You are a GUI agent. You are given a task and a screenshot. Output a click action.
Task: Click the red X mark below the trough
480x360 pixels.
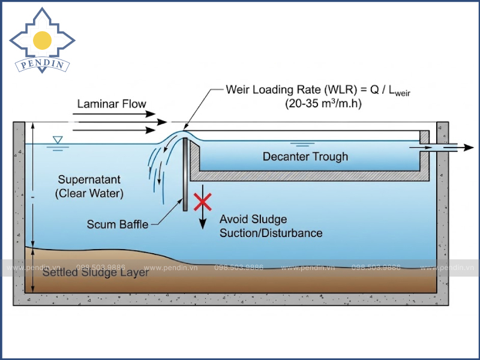coord(203,201)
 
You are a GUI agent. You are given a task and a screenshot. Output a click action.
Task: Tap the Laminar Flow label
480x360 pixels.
coord(112,104)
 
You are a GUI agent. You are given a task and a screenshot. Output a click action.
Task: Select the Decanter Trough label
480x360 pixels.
coord(305,157)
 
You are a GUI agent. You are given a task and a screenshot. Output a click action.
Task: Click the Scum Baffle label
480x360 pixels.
coord(118,224)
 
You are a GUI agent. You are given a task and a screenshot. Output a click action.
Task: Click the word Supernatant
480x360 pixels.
coord(89,179)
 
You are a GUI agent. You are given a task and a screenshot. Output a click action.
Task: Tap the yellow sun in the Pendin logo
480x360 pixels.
coord(42,40)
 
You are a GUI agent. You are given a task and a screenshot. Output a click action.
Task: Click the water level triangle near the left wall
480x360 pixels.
coord(58,140)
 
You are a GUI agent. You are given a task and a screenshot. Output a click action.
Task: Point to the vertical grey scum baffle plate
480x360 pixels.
coord(186,174)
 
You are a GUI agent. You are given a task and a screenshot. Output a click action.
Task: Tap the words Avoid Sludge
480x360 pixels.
coord(253,219)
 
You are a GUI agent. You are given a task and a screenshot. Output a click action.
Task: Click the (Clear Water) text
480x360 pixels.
coord(89,193)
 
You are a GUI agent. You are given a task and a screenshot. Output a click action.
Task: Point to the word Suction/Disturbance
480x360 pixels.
coord(271,233)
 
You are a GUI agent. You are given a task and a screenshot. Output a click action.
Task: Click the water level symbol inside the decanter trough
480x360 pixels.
coord(302,144)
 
